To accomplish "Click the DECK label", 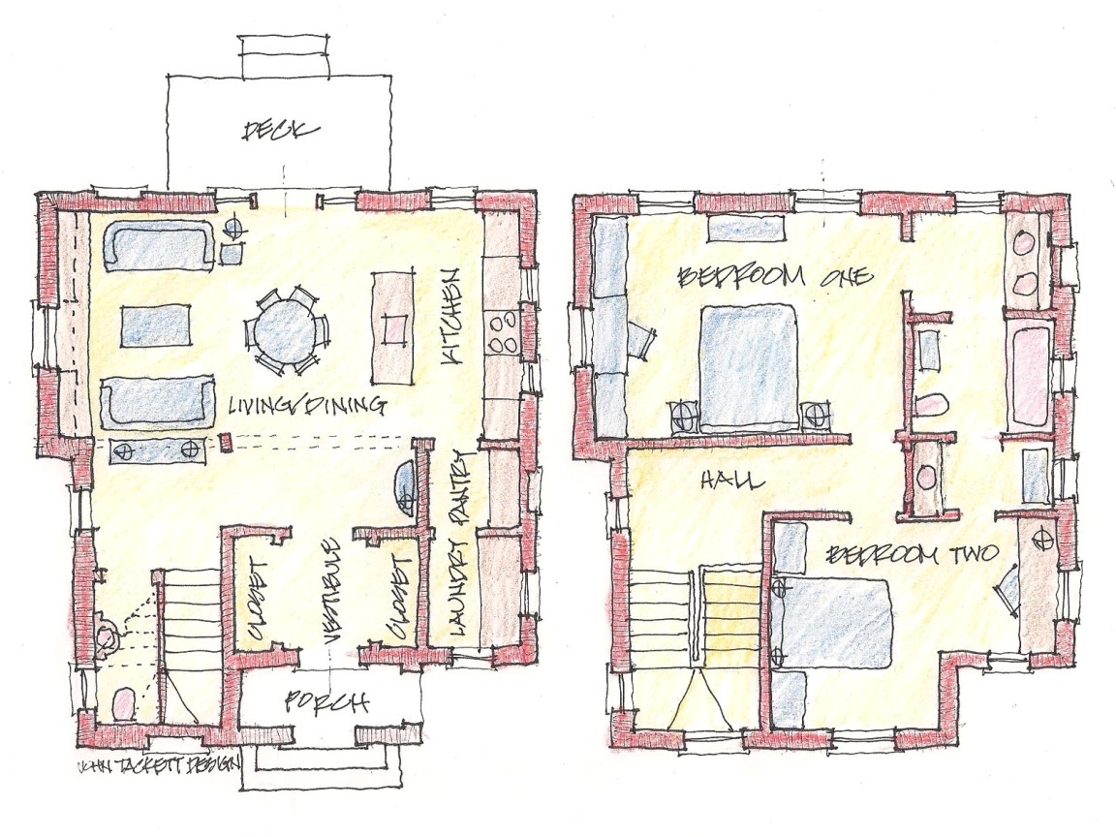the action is [280, 130].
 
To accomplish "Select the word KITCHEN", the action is [453, 317].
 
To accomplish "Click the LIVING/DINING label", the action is [307, 407].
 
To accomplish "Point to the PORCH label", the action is [326, 702].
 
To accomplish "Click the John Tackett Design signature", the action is [158, 767].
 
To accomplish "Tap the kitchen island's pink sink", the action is [394, 328].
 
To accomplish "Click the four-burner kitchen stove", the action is [502, 332].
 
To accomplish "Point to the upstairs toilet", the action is [931, 407].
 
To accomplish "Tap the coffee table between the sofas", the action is [157, 325].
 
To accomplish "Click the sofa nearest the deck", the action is [159, 244].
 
